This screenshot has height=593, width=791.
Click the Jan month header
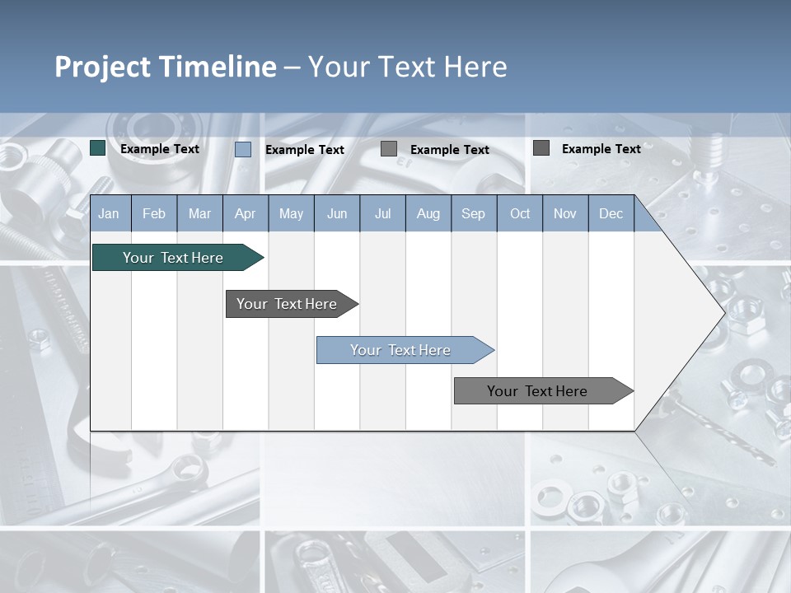[x=109, y=214]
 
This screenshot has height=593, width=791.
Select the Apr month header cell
[x=245, y=214]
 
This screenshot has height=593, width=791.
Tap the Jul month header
[x=382, y=214]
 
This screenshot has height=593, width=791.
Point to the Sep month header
[x=473, y=214]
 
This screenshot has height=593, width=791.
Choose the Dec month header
[x=611, y=214]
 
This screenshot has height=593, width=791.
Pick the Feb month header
[x=154, y=214]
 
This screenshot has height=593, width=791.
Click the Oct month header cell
[x=520, y=214]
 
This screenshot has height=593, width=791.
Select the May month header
[x=291, y=214]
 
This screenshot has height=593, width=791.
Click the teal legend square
[x=98, y=148]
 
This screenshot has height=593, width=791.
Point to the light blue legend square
[x=243, y=149]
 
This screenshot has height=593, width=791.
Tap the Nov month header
[x=565, y=214]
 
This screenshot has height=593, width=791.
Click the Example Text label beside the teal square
[x=160, y=149]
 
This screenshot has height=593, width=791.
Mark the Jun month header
[x=337, y=214]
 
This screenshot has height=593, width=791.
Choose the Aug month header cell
[x=428, y=214]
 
